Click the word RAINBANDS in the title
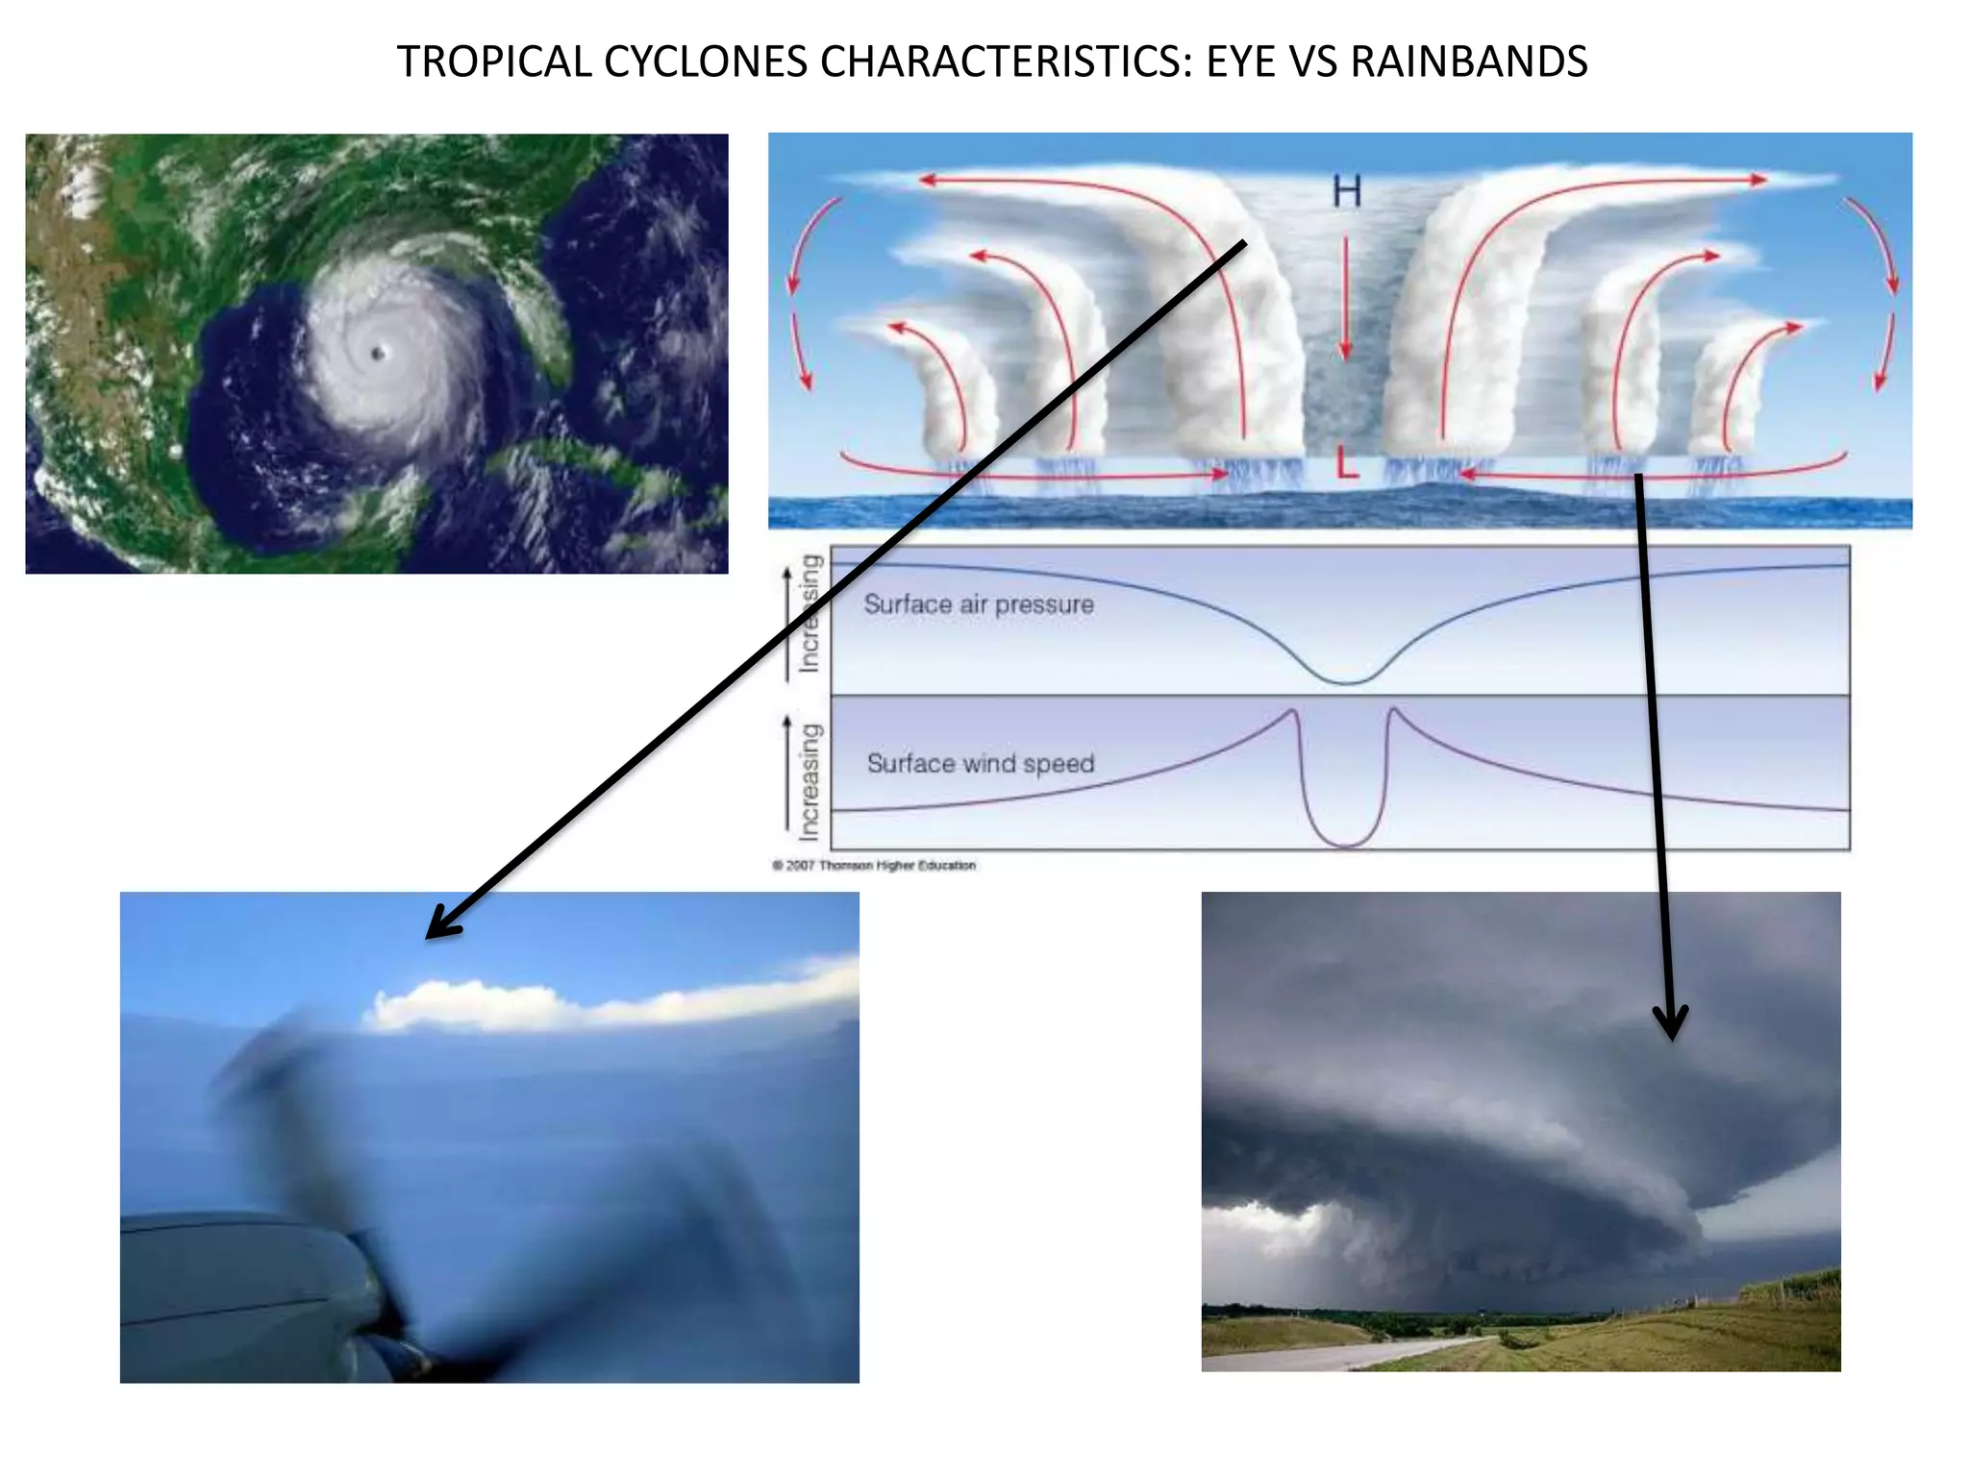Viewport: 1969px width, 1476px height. click(x=1468, y=62)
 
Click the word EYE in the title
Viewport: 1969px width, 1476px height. click(x=1241, y=62)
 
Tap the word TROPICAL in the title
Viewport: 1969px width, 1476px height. click(x=495, y=62)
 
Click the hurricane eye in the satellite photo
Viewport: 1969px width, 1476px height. click(x=378, y=354)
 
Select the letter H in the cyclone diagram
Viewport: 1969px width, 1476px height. click(x=1347, y=192)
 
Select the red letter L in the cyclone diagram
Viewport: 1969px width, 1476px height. click(x=1348, y=465)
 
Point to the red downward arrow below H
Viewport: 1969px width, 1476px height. click(x=1346, y=298)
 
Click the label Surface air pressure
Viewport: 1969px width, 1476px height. click(x=979, y=604)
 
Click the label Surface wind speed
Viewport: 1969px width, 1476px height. click(x=981, y=763)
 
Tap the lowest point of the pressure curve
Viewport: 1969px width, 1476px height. click(x=1348, y=682)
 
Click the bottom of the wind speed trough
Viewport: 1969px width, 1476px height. click(x=1347, y=846)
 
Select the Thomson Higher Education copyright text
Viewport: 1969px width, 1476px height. click(x=874, y=865)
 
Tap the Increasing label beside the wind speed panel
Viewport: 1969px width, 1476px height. click(x=810, y=780)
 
